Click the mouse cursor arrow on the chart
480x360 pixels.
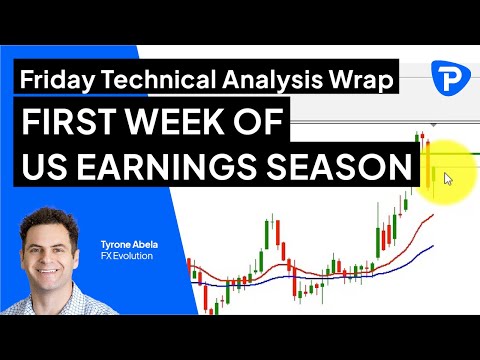tap(448, 179)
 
